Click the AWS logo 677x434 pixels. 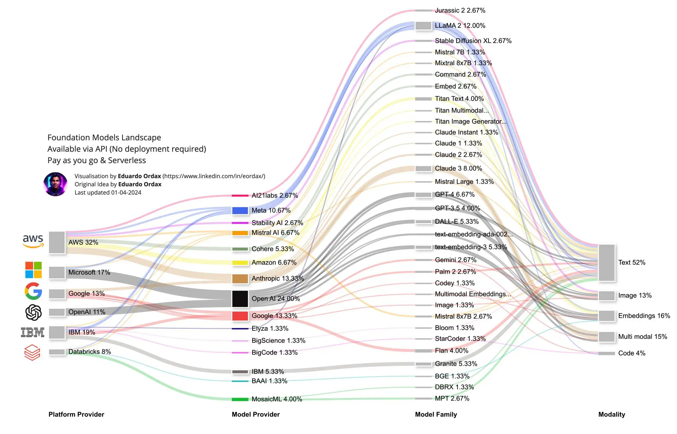(x=33, y=241)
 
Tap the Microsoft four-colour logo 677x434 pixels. (x=33, y=270)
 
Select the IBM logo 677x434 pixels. (x=33, y=332)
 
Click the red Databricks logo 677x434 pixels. (x=32, y=352)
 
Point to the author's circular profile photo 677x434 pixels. (x=55, y=184)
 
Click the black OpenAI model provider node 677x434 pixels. (x=240, y=299)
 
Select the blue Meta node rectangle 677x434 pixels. (x=240, y=211)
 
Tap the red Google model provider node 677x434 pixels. (x=240, y=316)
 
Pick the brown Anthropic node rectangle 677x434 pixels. (x=240, y=279)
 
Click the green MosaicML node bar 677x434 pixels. (x=240, y=399)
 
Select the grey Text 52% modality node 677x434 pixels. (x=607, y=263)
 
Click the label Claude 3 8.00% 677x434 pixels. (x=458, y=169)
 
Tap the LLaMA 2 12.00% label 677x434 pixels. (x=460, y=25)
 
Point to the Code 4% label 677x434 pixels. (x=632, y=353)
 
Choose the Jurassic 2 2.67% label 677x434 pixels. (x=460, y=11)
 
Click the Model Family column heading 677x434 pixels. (x=436, y=414)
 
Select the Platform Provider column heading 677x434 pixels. (x=76, y=414)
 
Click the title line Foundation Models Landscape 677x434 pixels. (x=104, y=137)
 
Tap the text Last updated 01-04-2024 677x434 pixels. (x=108, y=193)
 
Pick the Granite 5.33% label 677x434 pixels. (x=456, y=364)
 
